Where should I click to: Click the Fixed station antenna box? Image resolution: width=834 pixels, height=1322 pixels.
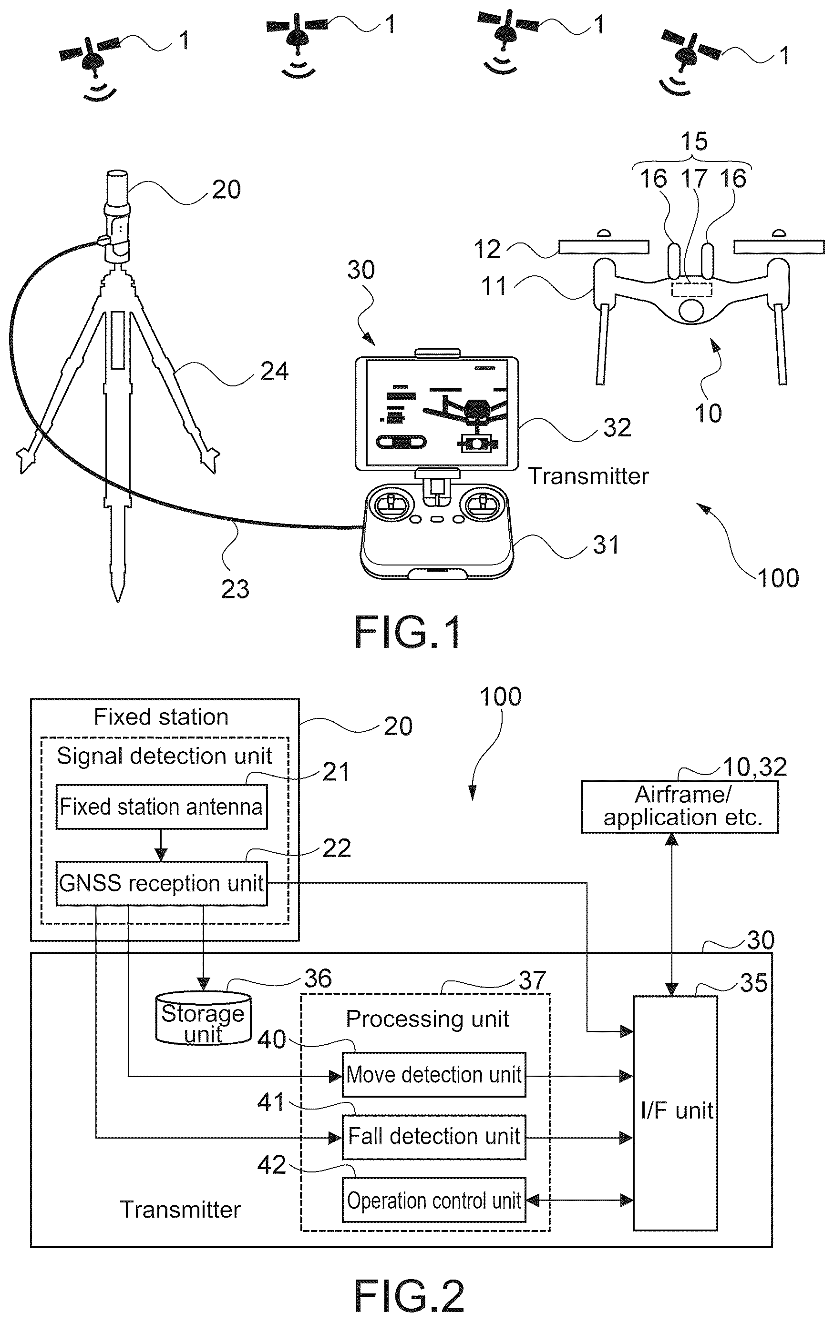point(162,807)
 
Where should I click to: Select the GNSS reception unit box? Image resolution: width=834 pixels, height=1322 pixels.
point(162,883)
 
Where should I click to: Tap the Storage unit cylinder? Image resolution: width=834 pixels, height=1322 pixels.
point(203,1019)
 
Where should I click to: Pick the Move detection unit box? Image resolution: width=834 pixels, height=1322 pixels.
point(434,1074)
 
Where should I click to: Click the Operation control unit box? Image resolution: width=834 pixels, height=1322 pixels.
point(434,1200)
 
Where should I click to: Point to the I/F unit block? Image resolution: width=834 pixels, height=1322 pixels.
point(675,1112)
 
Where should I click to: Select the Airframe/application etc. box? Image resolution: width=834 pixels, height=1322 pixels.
point(680,807)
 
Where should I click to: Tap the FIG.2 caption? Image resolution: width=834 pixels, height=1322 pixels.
point(409,1295)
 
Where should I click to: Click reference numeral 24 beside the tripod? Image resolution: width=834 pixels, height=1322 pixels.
point(274,372)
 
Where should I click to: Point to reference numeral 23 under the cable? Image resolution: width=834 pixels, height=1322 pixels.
point(235,589)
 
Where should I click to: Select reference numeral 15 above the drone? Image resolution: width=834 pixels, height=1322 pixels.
point(694,141)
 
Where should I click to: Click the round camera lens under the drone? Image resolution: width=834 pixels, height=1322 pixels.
point(691,310)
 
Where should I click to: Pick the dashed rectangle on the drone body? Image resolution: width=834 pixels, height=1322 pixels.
point(692,289)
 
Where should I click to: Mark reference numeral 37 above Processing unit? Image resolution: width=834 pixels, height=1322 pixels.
point(532,980)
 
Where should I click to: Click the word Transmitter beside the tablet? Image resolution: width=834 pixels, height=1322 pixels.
point(588,476)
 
